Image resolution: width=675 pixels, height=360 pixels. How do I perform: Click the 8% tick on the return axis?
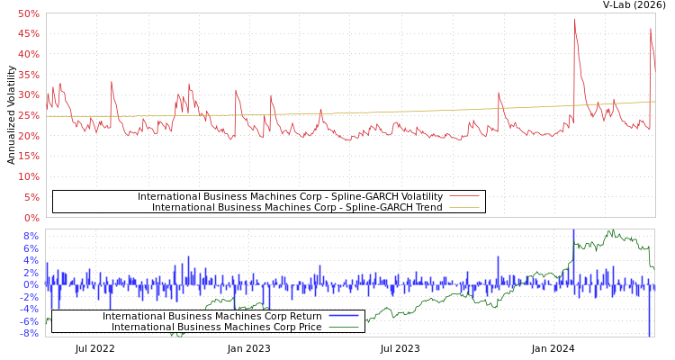(31, 236)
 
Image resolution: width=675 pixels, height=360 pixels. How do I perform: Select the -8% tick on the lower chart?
(30, 333)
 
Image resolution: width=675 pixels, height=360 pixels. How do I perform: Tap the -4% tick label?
(30, 309)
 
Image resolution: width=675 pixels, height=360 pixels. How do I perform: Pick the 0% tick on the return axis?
(31, 284)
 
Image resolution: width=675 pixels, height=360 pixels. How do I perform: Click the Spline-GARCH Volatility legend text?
(290, 196)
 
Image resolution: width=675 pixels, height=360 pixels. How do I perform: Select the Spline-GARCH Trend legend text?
(297, 207)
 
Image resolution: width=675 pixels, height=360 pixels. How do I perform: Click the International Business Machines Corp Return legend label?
(211, 316)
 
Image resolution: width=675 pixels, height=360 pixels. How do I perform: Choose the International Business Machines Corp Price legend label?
(216, 327)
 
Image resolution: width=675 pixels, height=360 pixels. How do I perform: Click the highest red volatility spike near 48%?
(574, 19)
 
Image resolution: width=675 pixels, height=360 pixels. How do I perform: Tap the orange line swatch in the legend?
(464, 207)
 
